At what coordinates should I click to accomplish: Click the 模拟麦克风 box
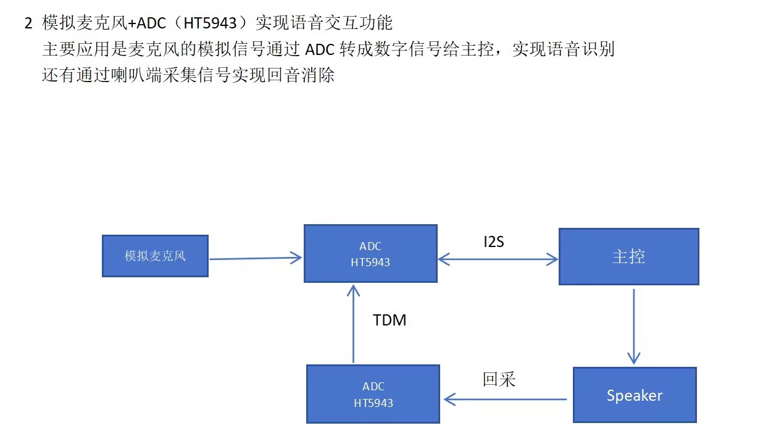point(155,256)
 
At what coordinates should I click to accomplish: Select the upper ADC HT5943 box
point(370,254)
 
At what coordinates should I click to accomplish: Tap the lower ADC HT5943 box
point(373,394)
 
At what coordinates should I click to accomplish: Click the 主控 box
point(628,256)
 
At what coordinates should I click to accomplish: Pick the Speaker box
point(635,395)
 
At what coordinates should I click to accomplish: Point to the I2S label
point(494,241)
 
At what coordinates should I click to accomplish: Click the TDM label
point(390,320)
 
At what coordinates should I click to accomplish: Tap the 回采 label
point(499,379)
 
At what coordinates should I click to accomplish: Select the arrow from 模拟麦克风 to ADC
point(256,259)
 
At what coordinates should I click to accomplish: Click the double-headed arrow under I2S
point(498,260)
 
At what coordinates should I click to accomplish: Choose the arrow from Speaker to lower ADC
point(505,400)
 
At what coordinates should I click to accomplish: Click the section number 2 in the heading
point(28,24)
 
